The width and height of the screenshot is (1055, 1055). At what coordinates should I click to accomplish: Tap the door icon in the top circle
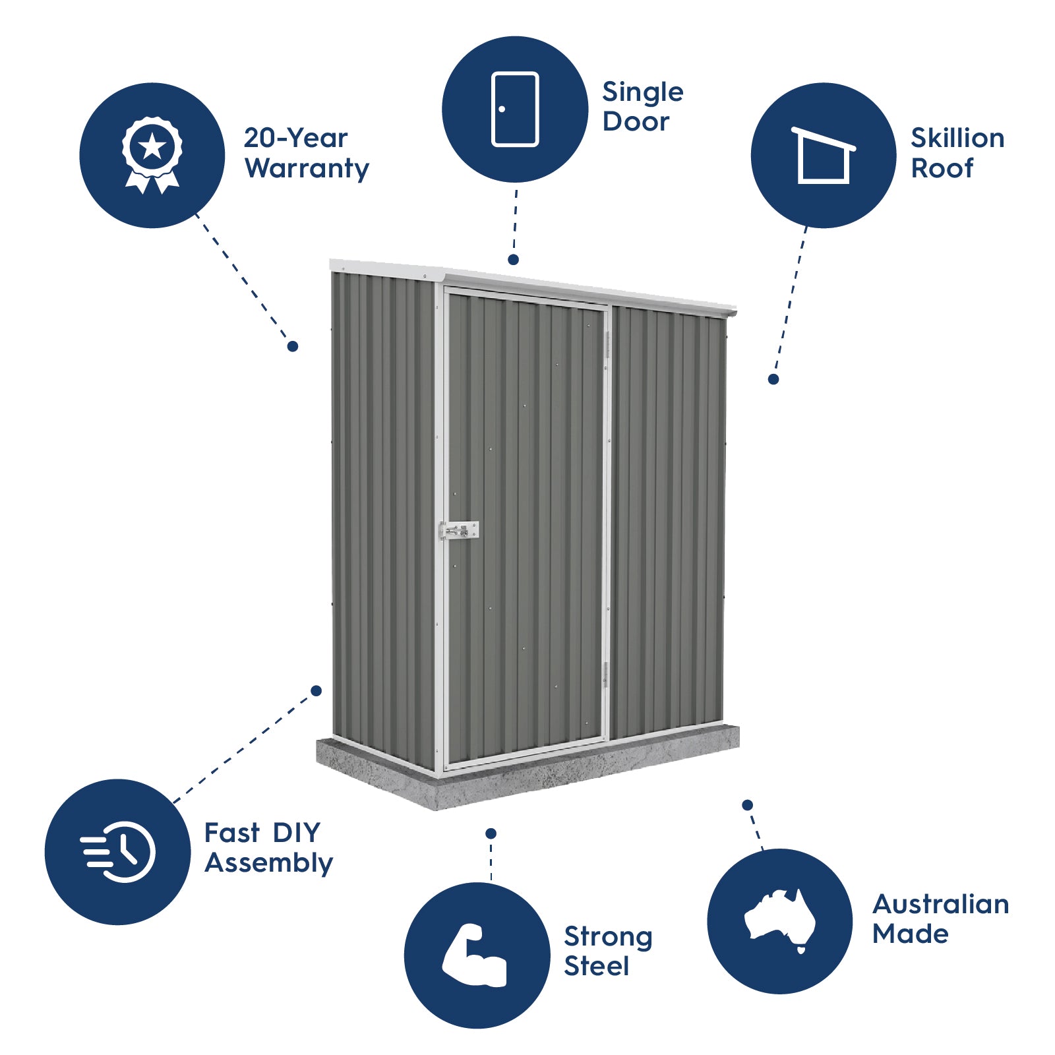click(515, 109)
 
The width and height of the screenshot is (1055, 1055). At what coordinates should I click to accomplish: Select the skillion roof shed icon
click(823, 156)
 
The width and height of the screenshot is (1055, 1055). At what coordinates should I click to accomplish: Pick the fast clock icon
click(119, 851)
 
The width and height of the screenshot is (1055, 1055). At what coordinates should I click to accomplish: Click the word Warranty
click(307, 169)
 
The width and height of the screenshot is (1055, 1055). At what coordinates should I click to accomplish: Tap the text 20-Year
click(295, 138)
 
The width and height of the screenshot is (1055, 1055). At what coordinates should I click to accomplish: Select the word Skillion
click(957, 138)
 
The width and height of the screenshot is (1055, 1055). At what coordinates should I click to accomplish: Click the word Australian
click(940, 904)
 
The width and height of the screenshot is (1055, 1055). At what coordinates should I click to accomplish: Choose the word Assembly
click(269, 863)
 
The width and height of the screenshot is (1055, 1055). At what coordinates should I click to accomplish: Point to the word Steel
click(597, 966)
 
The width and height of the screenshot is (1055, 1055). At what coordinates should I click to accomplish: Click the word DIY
click(296, 833)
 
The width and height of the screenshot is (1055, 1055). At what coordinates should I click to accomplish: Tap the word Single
click(643, 93)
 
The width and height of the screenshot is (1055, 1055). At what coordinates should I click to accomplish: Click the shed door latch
click(459, 529)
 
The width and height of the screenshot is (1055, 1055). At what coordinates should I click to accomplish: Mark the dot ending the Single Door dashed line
click(513, 260)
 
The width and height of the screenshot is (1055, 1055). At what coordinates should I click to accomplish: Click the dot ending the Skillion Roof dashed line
click(773, 379)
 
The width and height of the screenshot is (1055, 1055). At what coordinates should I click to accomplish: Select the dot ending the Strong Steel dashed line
click(491, 833)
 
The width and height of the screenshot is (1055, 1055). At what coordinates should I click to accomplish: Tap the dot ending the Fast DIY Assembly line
click(316, 690)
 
